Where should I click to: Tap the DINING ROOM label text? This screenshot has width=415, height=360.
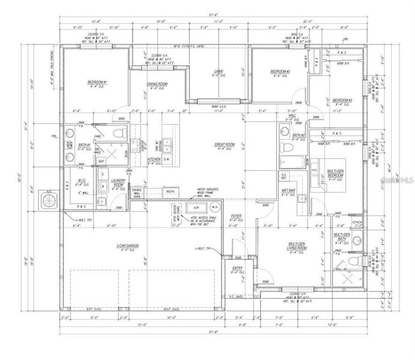coord(157,84)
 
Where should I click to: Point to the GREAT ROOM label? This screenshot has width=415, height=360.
coord(224,145)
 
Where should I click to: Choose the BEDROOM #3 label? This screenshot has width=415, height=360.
coord(342,100)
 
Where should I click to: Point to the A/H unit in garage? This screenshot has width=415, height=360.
coord(195,209)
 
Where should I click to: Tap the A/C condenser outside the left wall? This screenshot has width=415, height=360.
coord(46,199)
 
